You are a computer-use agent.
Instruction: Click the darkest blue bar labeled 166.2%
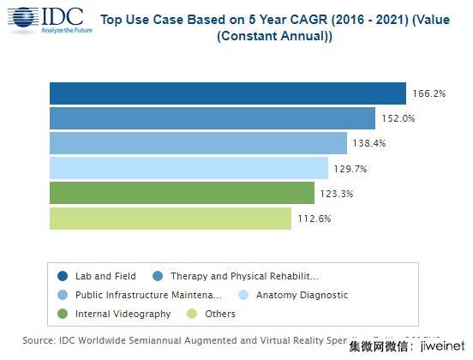click(227, 93)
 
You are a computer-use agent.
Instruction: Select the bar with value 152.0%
click(212, 118)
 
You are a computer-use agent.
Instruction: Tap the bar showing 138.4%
click(198, 143)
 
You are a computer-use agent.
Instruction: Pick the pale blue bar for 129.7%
click(189, 168)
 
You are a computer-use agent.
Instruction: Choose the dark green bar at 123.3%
click(182, 193)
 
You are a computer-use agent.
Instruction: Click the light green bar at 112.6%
click(170, 219)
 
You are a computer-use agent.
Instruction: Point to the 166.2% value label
click(428, 93)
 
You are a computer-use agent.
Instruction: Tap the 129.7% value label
click(350, 169)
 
